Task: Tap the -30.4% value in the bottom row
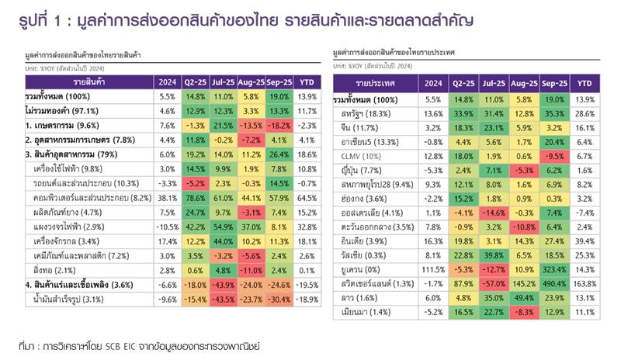pyautogui.click(x=279, y=299)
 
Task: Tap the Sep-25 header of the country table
pyautogui.click(x=556, y=83)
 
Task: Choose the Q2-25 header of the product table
pyautogui.click(x=194, y=81)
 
